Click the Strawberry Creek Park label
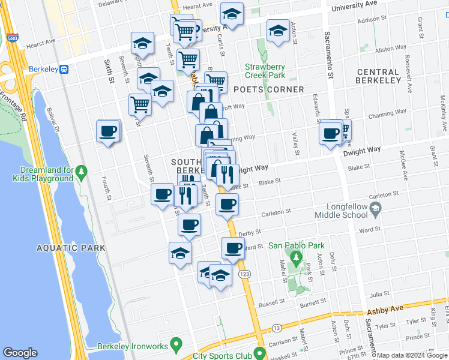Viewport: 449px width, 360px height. coord(265,71)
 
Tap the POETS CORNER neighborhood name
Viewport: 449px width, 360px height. coord(268,89)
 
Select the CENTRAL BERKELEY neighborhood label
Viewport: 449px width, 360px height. coord(386,76)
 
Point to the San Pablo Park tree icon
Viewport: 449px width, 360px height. coord(295,257)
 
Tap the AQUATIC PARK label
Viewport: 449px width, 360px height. coord(70,248)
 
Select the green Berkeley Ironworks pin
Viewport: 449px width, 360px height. coord(176,344)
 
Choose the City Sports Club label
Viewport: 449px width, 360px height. coord(223,355)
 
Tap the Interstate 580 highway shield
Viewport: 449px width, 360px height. coord(13,38)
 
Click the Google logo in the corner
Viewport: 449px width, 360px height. coord(20,353)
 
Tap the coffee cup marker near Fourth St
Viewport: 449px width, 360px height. coord(108,131)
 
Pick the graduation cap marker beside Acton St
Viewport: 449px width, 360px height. coord(278,32)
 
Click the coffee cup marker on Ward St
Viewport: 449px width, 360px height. coord(233,247)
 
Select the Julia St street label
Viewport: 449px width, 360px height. coord(379,294)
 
